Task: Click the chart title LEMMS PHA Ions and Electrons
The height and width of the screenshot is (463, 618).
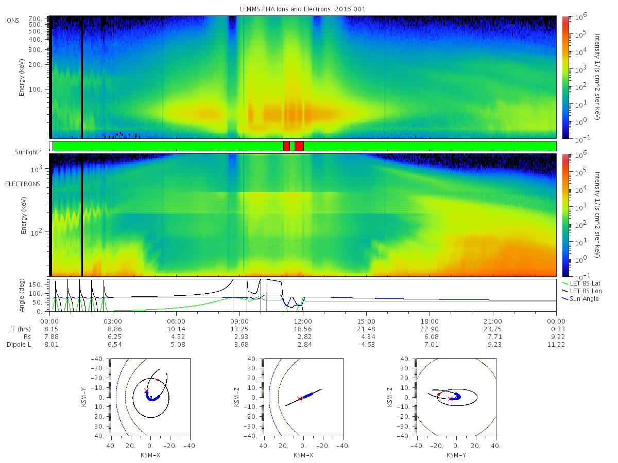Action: coord(285,9)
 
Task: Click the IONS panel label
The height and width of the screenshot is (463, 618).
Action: coord(12,20)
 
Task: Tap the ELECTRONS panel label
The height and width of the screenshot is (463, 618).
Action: coord(23,184)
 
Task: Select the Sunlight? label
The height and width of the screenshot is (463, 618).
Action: coord(28,152)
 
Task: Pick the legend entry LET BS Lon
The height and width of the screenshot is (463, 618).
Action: coord(586,291)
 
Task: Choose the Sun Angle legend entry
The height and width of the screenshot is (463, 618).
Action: coord(584,298)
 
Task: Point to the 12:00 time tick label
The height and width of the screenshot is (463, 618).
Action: coord(303,322)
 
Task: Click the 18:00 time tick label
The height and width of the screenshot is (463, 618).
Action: coord(430,322)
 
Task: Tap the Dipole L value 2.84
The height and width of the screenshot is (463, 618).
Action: coord(305,344)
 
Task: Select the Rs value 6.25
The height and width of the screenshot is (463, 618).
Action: coord(115,337)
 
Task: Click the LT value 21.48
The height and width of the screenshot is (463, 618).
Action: coord(368,329)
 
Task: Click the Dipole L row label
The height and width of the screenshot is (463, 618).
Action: coord(19,344)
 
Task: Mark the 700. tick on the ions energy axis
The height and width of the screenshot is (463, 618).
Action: coord(36,19)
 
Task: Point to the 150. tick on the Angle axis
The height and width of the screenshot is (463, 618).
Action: coord(36,285)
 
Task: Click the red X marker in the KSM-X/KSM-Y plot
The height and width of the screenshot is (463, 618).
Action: coord(146,391)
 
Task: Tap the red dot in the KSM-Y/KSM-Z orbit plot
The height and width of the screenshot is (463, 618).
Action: coord(438,395)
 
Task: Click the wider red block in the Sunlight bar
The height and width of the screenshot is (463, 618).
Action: coord(299,146)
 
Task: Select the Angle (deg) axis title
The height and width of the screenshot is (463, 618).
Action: coord(22,295)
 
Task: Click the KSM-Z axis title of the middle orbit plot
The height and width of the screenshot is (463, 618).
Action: coord(237,397)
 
